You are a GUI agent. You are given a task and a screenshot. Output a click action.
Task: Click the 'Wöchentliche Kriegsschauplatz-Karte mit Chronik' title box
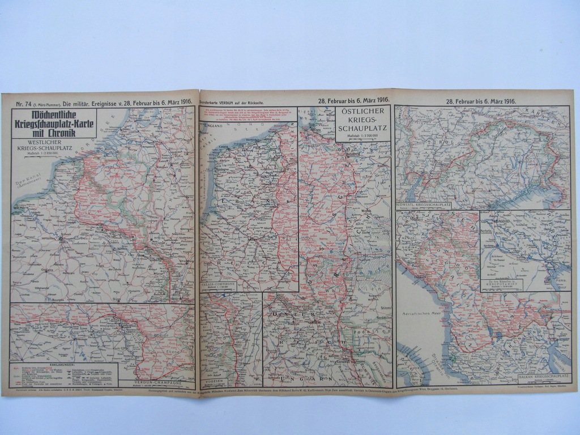(x=54, y=123)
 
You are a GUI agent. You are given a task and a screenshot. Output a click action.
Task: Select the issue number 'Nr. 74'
(x=24, y=103)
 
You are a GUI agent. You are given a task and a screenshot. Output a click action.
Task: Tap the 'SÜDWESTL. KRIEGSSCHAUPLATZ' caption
(x=423, y=204)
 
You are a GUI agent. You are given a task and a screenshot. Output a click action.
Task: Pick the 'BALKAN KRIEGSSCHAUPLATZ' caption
(x=543, y=376)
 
